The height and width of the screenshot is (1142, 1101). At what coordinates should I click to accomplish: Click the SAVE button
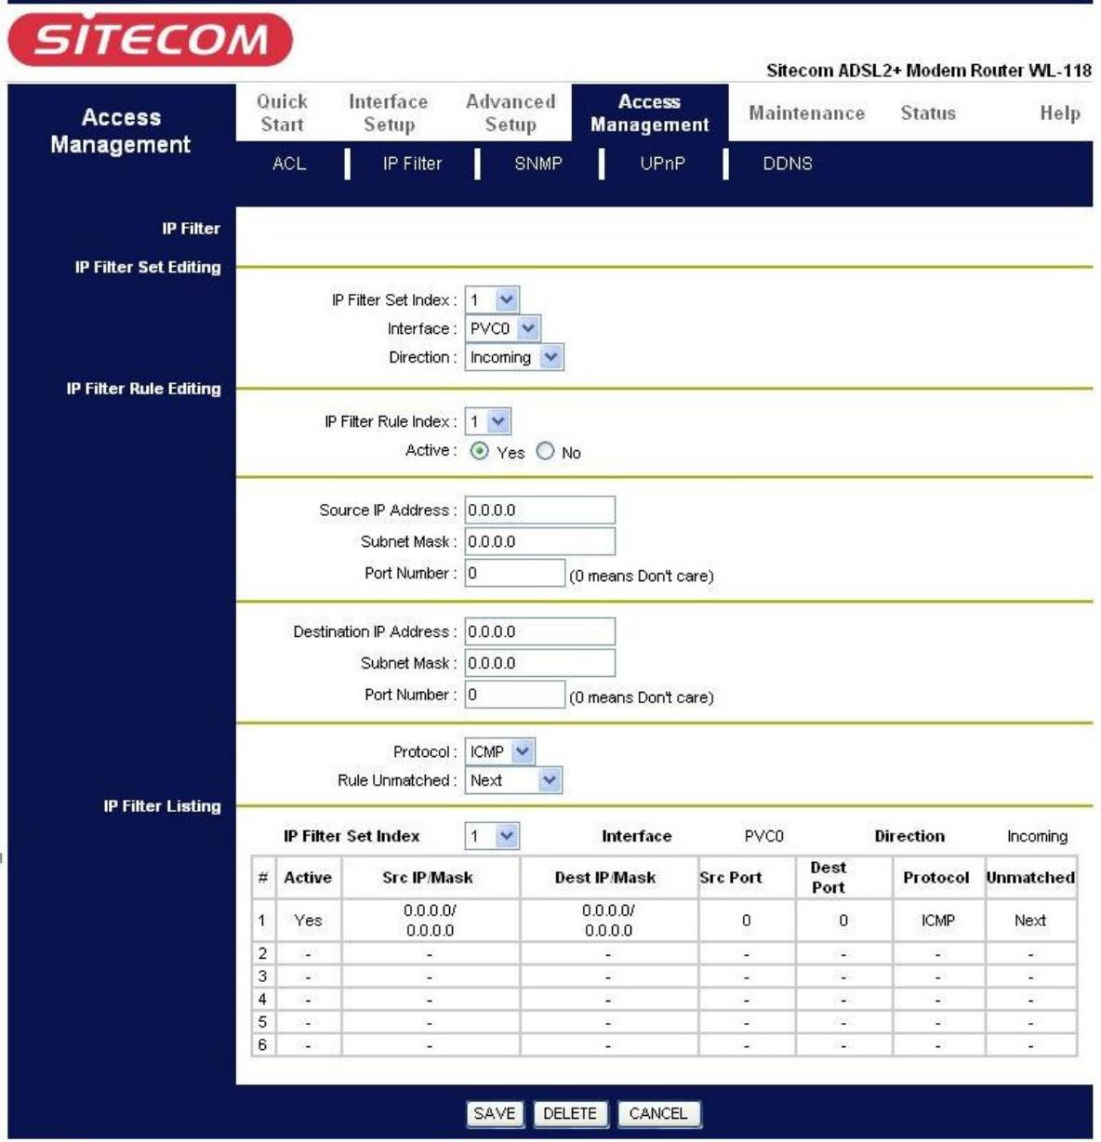[494, 1113]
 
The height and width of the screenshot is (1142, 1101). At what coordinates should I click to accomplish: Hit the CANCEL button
[657, 1113]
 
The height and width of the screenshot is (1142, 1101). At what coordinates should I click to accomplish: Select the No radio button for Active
[546, 451]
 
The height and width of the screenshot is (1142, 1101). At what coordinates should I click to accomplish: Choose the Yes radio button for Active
[480, 451]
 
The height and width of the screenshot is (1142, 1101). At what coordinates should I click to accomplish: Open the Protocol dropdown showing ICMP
[500, 751]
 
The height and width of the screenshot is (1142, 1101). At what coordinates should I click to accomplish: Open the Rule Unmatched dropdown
[513, 780]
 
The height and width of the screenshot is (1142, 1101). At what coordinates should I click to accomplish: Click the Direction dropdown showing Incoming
[514, 357]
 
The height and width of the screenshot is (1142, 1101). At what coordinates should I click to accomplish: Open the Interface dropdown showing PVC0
[502, 328]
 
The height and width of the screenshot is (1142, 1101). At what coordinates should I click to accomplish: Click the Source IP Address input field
[539, 510]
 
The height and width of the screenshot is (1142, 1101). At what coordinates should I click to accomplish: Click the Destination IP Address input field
[539, 631]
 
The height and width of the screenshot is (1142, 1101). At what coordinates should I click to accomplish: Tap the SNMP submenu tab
[538, 164]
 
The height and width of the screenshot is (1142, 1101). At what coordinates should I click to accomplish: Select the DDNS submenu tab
[788, 164]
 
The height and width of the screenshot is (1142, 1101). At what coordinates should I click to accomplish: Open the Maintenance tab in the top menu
[806, 113]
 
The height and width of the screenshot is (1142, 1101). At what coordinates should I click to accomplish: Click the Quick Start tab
[282, 113]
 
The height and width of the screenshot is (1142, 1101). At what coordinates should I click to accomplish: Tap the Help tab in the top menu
[1059, 113]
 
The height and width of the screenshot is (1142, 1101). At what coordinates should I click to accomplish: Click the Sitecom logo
[150, 40]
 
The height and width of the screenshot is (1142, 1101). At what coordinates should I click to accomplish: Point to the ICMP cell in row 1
[937, 920]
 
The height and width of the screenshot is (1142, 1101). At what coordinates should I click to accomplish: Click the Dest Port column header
[828, 877]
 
